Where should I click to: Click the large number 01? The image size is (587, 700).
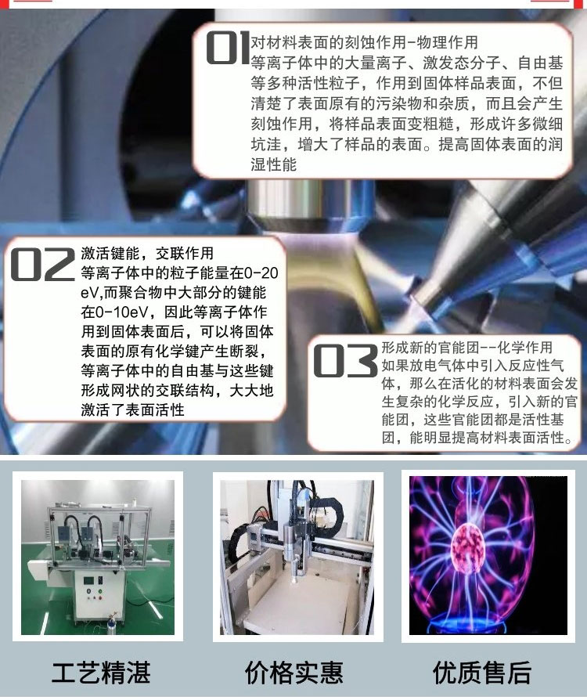tap(227, 47)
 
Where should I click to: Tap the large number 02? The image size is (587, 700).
tap(43, 265)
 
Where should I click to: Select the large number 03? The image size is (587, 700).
tap(345, 361)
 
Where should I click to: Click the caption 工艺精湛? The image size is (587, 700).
tap(101, 673)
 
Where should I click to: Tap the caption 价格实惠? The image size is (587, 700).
tap(293, 673)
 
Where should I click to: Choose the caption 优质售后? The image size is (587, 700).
tap(482, 673)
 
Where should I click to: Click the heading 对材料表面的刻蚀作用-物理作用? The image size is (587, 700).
tap(364, 42)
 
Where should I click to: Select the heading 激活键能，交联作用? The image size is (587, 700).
tap(147, 253)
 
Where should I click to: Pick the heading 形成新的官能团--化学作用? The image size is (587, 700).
tap(467, 348)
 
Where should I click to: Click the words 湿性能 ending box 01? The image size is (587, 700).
tap(274, 164)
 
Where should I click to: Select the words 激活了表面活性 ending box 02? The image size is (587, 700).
tap(132, 410)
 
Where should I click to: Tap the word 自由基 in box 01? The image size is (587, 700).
tap(540, 63)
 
